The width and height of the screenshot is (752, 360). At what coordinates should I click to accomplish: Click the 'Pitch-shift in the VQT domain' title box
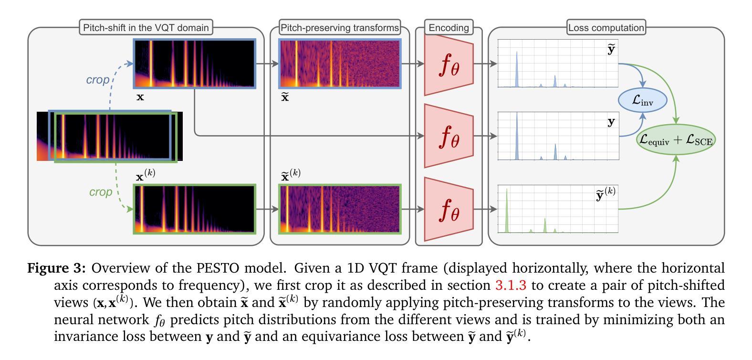(x=146, y=28)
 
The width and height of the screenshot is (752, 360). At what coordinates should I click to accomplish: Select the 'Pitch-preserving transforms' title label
(x=340, y=28)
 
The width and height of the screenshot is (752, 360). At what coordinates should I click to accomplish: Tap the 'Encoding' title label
(x=449, y=28)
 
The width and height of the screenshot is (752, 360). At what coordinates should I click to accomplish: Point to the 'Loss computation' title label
(x=606, y=28)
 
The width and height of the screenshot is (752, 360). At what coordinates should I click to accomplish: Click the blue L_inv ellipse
(x=642, y=100)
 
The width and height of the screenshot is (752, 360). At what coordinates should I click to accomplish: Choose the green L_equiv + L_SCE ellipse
(x=676, y=139)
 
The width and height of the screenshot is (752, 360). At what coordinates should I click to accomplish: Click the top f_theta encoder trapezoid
(x=449, y=64)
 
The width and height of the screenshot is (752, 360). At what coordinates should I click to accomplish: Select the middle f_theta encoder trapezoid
(x=449, y=136)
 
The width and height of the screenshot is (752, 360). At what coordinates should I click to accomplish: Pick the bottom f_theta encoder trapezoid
(x=449, y=209)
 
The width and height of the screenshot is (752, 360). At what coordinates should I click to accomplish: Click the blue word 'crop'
(x=98, y=80)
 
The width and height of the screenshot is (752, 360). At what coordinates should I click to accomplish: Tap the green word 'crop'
(x=101, y=192)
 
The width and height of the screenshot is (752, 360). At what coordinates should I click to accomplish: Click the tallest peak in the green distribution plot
(x=507, y=210)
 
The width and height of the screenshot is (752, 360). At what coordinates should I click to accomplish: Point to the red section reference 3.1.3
(x=511, y=285)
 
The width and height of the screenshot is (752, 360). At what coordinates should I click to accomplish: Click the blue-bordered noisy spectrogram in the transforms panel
(x=340, y=64)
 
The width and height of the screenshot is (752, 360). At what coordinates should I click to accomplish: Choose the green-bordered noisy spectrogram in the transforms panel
(x=340, y=209)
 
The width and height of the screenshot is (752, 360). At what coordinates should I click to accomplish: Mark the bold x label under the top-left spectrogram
(x=140, y=97)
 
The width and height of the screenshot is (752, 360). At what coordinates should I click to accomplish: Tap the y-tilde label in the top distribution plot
(x=611, y=49)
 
